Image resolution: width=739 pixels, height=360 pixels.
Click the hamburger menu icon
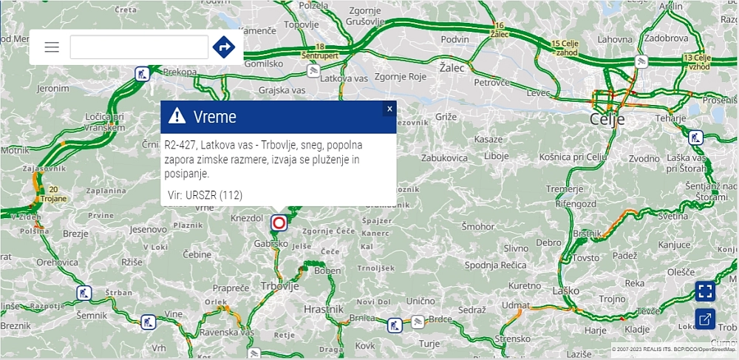(x=52, y=47)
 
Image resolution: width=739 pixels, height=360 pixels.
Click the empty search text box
(x=139, y=47)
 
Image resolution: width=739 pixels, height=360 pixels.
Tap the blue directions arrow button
(x=223, y=47)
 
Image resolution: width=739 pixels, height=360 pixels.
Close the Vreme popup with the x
(x=389, y=109)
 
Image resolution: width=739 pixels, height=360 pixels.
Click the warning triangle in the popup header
(x=177, y=116)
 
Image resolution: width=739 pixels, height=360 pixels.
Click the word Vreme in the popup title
(x=214, y=116)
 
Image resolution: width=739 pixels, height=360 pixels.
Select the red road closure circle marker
(x=279, y=223)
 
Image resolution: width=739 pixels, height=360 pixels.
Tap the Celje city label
(x=607, y=119)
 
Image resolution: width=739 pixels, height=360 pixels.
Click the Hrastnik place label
(x=324, y=309)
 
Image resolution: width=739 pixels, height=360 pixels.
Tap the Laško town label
(x=565, y=291)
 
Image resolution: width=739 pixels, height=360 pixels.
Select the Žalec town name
(x=452, y=67)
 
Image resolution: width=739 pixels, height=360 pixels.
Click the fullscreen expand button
(x=705, y=291)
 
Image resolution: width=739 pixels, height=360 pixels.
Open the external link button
(x=705, y=319)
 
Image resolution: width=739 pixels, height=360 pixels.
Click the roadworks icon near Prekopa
(x=141, y=73)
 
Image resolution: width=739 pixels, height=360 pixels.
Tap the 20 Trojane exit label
(x=53, y=194)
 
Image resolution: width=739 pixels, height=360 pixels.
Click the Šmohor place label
(x=479, y=226)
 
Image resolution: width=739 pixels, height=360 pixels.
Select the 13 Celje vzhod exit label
(x=697, y=61)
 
